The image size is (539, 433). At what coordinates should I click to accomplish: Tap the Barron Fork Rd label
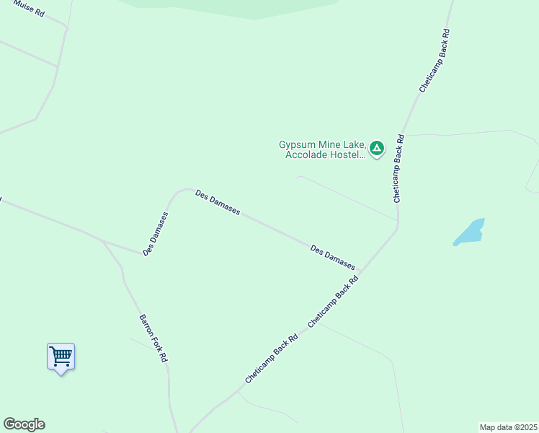[153, 338]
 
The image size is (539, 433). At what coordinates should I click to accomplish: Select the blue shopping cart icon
[61, 355]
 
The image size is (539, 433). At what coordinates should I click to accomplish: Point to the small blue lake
[469, 232]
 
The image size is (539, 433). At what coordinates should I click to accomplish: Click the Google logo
[24, 424]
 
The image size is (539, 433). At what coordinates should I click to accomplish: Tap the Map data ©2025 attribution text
[509, 427]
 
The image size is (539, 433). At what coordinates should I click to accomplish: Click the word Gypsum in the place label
[297, 144]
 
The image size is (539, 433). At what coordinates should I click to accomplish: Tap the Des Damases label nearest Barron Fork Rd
[156, 233]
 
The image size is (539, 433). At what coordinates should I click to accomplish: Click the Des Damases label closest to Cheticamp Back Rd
[333, 257]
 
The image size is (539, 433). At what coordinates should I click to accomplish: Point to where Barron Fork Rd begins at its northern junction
[104, 241]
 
